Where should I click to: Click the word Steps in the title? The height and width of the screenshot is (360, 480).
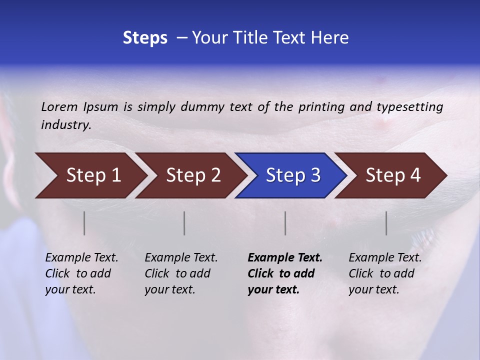[x=145, y=38]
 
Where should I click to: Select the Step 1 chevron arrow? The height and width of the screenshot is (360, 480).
[x=90, y=175]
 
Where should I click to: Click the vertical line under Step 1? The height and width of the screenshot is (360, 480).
[x=84, y=223]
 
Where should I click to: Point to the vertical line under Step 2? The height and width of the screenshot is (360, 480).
[x=184, y=223]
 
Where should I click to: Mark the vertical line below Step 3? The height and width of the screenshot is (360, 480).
[x=285, y=223]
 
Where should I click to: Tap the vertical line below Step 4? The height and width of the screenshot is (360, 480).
[x=386, y=223]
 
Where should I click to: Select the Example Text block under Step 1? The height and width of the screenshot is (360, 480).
[x=81, y=273]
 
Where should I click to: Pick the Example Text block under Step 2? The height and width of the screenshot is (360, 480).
[x=181, y=273]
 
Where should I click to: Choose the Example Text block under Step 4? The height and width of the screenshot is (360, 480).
[x=385, y=273]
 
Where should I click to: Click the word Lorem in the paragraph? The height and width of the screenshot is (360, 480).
[x=59, y=107]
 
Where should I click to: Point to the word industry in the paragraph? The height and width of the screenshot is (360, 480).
[x=65, y=125]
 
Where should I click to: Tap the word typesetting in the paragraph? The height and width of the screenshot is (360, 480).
[x=409, y=107]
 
